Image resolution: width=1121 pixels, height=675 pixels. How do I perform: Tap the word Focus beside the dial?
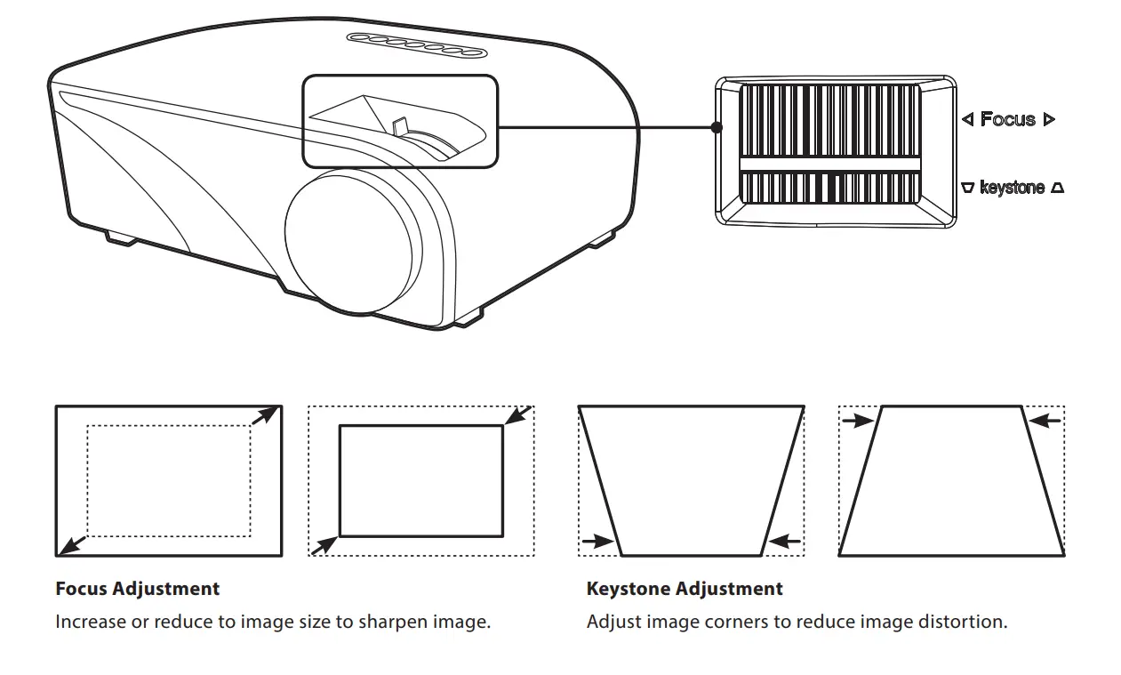point(1007,119)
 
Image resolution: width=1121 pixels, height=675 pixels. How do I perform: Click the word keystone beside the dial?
point(1012,188)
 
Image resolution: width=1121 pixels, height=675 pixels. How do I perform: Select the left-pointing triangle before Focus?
point(968,119)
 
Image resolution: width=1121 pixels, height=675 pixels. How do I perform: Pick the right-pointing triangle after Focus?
point(1049,119)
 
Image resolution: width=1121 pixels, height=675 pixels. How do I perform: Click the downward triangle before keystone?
point(967,188)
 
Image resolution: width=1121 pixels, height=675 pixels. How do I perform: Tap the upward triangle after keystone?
point(1057,188)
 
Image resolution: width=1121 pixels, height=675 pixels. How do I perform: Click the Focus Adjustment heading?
point(137,589)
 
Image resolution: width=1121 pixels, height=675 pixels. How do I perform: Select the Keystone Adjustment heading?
point(685,589)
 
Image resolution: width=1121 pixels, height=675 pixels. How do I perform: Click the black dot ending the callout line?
point(717,127)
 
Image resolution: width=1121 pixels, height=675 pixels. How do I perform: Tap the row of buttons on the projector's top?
point(418,44)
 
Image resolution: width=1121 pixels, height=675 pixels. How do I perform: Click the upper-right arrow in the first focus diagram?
point(263,416)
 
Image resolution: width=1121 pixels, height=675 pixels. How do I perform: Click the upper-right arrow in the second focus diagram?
point(517,414)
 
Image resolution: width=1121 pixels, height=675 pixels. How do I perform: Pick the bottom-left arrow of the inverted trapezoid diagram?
point(597,540)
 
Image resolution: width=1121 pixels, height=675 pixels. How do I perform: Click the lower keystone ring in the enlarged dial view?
point(830,187)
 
